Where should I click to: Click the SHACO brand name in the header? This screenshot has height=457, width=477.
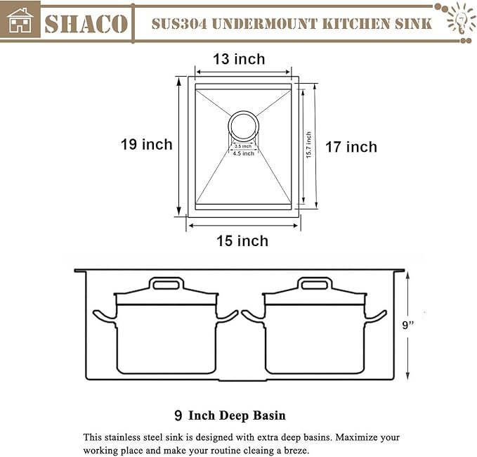[x=86, y=22]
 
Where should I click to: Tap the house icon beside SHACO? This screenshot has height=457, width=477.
[x=20, y=21]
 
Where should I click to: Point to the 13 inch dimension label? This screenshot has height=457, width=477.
[x=240, y=59]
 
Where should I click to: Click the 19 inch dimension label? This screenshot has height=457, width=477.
[x=146, y=144]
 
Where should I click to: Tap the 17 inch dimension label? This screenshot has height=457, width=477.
[x=351, y=147]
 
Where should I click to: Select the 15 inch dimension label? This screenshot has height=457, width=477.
[x=242, y=240]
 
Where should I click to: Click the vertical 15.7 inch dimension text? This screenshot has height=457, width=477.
[x=308, y=146]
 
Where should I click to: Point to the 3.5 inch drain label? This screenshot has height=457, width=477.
[x=243, y=146]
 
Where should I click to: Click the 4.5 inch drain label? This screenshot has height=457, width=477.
[x=243, y=153]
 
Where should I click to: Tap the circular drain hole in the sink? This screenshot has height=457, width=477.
[x=243, y=127]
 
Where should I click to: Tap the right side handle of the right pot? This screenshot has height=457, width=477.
[x=377, y=315]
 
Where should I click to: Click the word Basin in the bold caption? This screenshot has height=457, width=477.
[x=266, y=416]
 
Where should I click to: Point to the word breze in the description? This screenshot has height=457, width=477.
[x=294, y=451]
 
